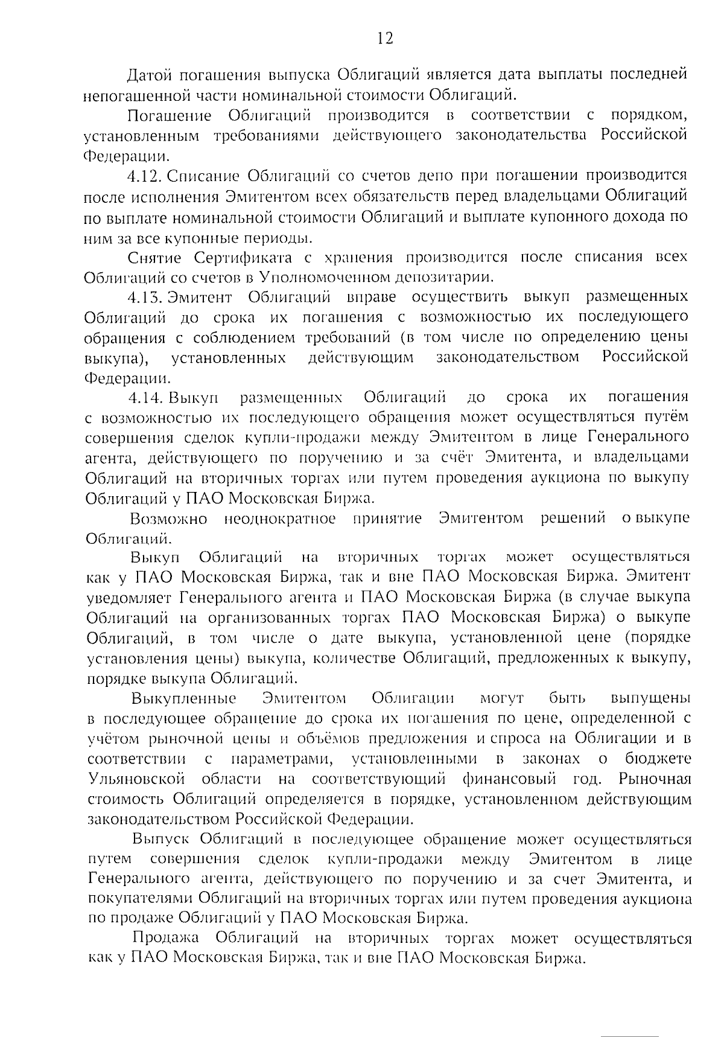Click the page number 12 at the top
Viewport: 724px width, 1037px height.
click(x=385, y=39)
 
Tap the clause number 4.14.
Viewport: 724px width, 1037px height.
click(x=145, y=397)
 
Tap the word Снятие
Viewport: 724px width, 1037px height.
click(x=155, y=257)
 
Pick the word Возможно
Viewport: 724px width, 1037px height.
click(x=168, y=518)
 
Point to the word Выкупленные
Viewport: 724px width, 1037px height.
click(x=183, y=698)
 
